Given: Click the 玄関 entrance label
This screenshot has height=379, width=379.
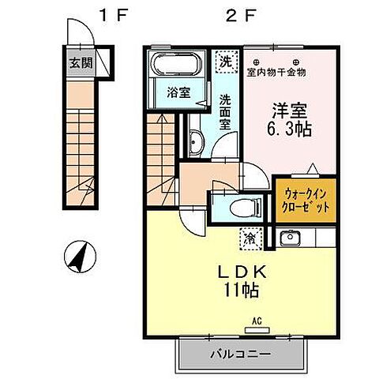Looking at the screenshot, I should tap(76, 63).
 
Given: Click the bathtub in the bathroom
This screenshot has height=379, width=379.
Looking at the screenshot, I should tap(178, 65).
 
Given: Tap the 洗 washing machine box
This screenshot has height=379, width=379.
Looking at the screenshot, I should tap(226, 61).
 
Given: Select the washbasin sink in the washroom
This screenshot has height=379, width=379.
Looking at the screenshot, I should tap(197, 143).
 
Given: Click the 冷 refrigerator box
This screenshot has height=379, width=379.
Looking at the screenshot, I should tap(250, 235).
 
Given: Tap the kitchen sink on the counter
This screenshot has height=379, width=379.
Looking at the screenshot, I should tap(288, 236).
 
